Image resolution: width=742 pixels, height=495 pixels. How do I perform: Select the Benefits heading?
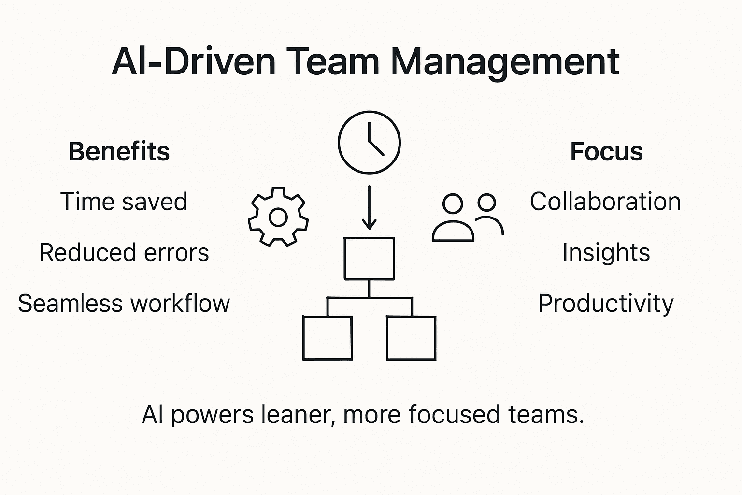pyautogui.click(x=119, y=151)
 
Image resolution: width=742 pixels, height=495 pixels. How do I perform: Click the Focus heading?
pyautogui.click(x=606, y=151)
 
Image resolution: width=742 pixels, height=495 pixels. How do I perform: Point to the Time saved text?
pyautogui.click(x=124, y=202)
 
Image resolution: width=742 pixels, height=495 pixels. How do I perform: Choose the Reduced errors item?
pyautogui.click(x=124, y=252)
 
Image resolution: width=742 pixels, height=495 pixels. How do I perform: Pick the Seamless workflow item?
pyautogui.click(x=124, y=304)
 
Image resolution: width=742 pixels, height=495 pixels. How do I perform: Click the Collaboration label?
pyautogui.click(x=605, y=202)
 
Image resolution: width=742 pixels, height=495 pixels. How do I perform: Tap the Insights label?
pyautogui.click(x=606, y=252)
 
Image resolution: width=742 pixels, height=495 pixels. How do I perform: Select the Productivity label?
pyautogui.click(x=606, y=304)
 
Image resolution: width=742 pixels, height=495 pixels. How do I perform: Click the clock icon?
pyautogui.click(x=369, y=142)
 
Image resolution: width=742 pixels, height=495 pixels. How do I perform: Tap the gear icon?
pyautogui.click(x=278, y=217)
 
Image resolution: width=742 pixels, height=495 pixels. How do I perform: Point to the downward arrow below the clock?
pyautogui.click(x=369, y=208)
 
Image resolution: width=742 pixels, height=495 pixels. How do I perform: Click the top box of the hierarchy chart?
pyautogui.click(x=369, y=259)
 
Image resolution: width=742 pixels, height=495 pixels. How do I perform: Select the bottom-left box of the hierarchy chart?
pyautogui.click(x=327, y=338)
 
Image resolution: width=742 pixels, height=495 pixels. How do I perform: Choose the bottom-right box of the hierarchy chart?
pyautogui.click(x=411, y=338)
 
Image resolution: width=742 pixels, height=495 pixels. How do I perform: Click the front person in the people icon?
pyautogui.click(x=453, y=220)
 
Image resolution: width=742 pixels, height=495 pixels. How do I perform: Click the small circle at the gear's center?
pyautogui.click(x=278, y=217)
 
